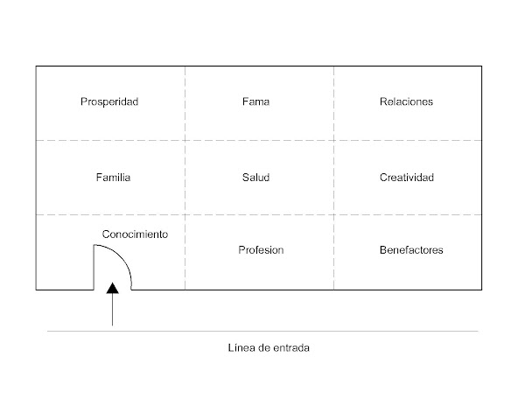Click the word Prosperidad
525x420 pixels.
[x=109, y=101]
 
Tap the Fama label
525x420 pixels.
[x=255, y=101]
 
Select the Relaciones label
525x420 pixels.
[x=406, y=101]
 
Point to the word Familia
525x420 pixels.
[x=113, y=178]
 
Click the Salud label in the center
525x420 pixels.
[x=255, y=178]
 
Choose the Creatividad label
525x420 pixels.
[x=406, y=178]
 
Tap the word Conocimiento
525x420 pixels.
[x=135, y=234]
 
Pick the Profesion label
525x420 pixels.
[x=261, y=250]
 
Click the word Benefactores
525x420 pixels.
[x=410, y=250]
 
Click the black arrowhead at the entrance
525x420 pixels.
[x=112, y=289]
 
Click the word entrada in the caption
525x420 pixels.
[x=292, y=347]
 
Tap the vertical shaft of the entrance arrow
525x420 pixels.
[x=112, y=311]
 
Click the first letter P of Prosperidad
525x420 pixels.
[x=83, y=101]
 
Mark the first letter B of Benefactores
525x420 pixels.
[x=382, y=250]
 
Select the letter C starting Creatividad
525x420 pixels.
[x=382, y=178]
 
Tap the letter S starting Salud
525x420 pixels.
[x=245, y=178]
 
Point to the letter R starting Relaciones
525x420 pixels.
[x=383, y=101]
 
